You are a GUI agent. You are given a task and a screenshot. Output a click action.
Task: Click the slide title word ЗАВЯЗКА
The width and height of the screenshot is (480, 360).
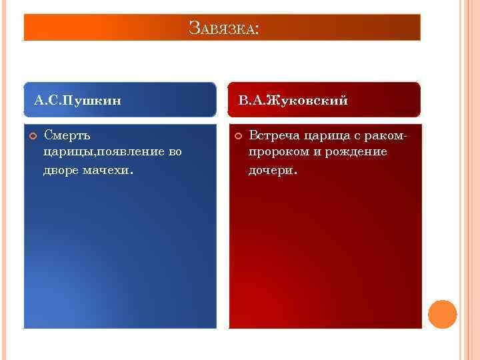click(221, 29)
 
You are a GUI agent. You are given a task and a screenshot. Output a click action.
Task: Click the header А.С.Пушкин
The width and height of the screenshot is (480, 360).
click(77, 101)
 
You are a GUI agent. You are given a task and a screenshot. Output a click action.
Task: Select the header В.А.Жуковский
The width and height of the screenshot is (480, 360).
click(293, 101)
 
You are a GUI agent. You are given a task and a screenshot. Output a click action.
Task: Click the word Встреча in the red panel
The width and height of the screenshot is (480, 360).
click(274, 136)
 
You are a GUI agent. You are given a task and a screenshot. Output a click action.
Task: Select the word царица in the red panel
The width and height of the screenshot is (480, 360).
click(327, 136)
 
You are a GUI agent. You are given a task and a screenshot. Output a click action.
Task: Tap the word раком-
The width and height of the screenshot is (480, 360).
click(385, 136)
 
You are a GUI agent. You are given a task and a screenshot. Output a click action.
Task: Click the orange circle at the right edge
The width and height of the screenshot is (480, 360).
click(442, 314)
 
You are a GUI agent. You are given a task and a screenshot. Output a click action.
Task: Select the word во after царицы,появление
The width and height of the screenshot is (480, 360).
click(175, 153)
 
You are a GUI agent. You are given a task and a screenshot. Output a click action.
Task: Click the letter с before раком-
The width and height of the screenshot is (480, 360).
click(357, 136)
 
